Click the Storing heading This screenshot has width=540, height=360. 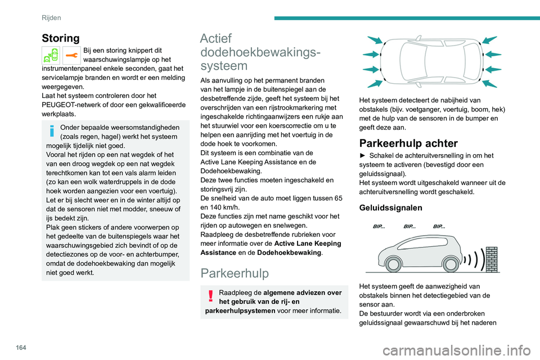[x=61, y=38]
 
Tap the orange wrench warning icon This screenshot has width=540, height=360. [x=71, y=56]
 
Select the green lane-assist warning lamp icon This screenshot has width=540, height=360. [x=51, y=56]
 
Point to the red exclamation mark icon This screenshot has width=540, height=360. [x=210, y=296]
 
